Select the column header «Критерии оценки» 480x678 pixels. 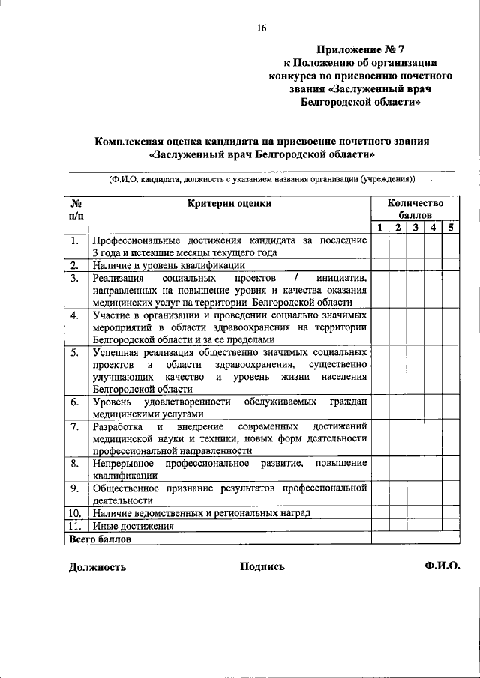click(x=229, y=202)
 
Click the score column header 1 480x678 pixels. click(x=380, y=228)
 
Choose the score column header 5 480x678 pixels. click(x=451, y=228)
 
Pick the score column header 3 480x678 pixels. click(x=415, y=228)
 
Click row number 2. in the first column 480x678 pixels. click(x=75, y=265)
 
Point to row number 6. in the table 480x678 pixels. click(x=75, y=402)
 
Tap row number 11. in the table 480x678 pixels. click(x=75, y=526)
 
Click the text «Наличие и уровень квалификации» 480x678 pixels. click(x=169, y=265)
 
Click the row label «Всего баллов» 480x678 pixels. click(x=100, y=539)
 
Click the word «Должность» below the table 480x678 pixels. click(x=97, y=567)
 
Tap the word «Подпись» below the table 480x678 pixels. click(x=262, y=567)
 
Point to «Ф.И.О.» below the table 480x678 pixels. click(x=441, y=566)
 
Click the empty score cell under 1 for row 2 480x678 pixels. click(x=380, y=265)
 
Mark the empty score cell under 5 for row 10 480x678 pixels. click(x=451, y=513)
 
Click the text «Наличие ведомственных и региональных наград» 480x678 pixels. click(x=201, y=513)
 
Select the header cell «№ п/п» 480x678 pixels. click(x=76, y=209)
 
